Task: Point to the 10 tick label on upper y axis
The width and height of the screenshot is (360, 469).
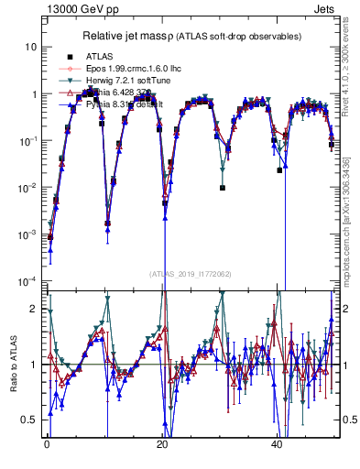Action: point(31,47)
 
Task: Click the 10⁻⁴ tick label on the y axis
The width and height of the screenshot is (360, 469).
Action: point(27,281)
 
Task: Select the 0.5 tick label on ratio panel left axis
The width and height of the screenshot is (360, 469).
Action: point(30,420)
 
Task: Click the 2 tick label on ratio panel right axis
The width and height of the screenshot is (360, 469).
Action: point(347,310)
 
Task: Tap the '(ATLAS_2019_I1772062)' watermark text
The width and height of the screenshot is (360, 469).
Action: point(191,274)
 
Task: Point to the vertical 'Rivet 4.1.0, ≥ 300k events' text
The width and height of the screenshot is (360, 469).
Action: point(348,78)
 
